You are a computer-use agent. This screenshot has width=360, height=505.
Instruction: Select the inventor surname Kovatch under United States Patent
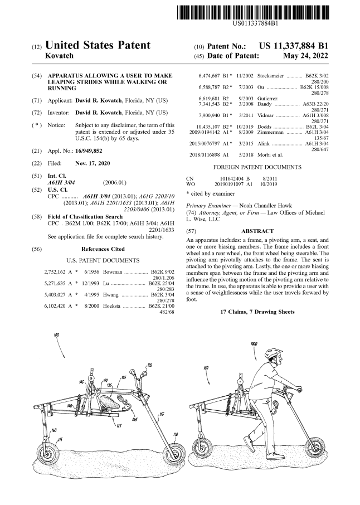(59, 56)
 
